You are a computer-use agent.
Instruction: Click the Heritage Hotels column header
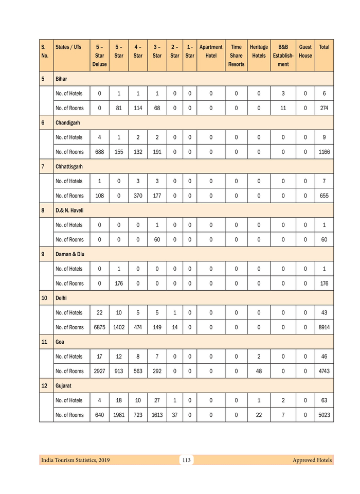pyautogui.click(x=259, y=51)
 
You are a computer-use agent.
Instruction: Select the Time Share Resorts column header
pyautogui.click(x=236, y=56)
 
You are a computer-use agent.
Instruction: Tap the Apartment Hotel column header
pyautogui.click(x=211, y=51)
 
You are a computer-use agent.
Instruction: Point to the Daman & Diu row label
pyautogui.click(x=70, y=254)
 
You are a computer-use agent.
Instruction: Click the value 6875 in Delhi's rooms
pyautogui.click(x=99, y=327)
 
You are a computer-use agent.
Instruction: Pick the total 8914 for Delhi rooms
pyautogui.click(x=324, y=327)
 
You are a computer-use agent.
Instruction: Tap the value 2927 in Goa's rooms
pyautogui.click(x=99, y=371)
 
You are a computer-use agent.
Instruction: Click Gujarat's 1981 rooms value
pyautogui.click(x=119, y=415)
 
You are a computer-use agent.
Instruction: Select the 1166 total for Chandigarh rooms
pyautogui.click(x=324, y=152)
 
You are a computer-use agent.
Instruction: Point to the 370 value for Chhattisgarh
pyautogui.click(x=138, y=196)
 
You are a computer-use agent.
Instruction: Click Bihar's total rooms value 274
pyautogui.click(x=324, y=108)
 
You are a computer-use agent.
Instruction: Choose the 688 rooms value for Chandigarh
pyautogui.click(x=99, y=152)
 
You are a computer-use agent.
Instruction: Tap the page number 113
pyautogui.click(x=186, y=460)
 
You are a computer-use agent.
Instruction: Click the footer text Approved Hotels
pyautogui.click(x=312, y=460)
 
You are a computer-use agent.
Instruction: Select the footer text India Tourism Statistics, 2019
pyautogui.click(x=75, y=460)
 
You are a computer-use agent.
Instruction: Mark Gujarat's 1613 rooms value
pyautogui.click(x=157, y=415)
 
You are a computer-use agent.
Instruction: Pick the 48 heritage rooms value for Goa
pyautogui.click(x=259, y=371)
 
